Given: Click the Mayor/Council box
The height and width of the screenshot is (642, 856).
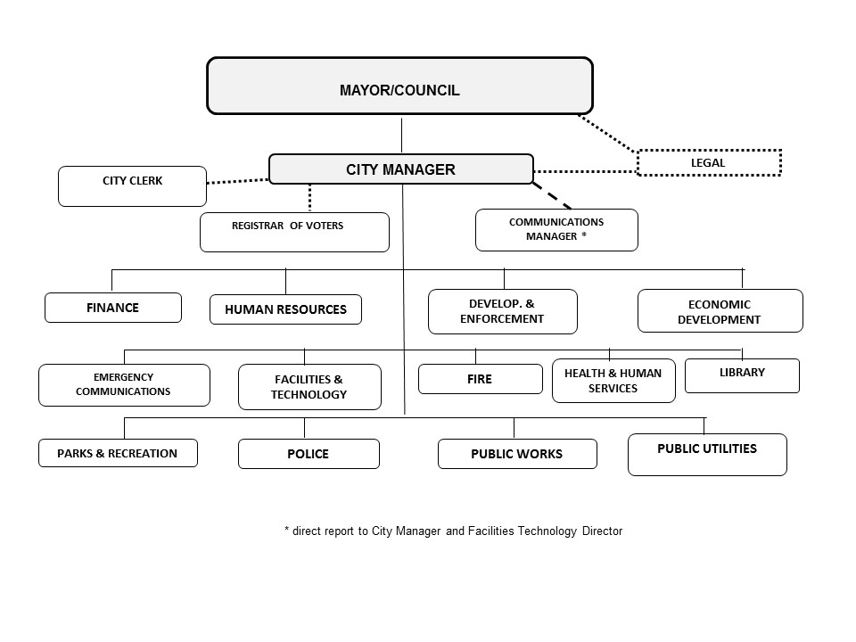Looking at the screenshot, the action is (x=399, y=86).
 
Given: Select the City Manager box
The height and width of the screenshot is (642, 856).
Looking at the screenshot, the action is (x=400, y=169).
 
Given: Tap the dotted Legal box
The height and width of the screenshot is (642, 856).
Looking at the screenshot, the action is (x=709, y=162).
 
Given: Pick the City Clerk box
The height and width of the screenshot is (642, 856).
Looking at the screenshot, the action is (x=132, y=186).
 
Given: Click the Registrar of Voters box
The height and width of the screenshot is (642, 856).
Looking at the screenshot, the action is (x=294, y=232).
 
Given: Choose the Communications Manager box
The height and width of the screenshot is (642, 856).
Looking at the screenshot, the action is (x=556, y=230).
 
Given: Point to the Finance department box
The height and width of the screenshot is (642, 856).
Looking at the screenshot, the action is (x=113, y=308).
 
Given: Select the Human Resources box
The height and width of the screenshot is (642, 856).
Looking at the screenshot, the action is (x=285, y=309).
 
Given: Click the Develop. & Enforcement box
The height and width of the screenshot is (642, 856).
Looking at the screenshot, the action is (x=502, y=311).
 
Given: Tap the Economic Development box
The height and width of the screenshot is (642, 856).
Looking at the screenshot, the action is (x=720, y=310).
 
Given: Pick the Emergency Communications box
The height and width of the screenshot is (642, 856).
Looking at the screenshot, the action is (x=124, y=385).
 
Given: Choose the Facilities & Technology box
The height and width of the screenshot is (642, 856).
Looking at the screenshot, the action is (x=309, y=386).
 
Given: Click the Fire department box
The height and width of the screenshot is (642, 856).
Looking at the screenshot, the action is (x=481, y=379).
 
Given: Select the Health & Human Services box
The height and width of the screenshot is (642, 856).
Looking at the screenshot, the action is (x=613, y=381).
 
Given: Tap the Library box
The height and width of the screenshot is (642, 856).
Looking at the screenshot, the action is (x=742, y=375).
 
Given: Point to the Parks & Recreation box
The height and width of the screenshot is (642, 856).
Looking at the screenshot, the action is (x=118, y=453).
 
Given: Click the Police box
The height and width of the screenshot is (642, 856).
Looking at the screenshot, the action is (x=309, y=454).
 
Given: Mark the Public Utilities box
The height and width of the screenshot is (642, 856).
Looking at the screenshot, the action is (x=707, y=455).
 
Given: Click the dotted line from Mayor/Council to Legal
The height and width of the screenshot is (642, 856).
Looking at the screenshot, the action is (x=607, y=133).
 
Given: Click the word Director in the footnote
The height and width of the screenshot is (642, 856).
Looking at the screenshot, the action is (x=602, y=531).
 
